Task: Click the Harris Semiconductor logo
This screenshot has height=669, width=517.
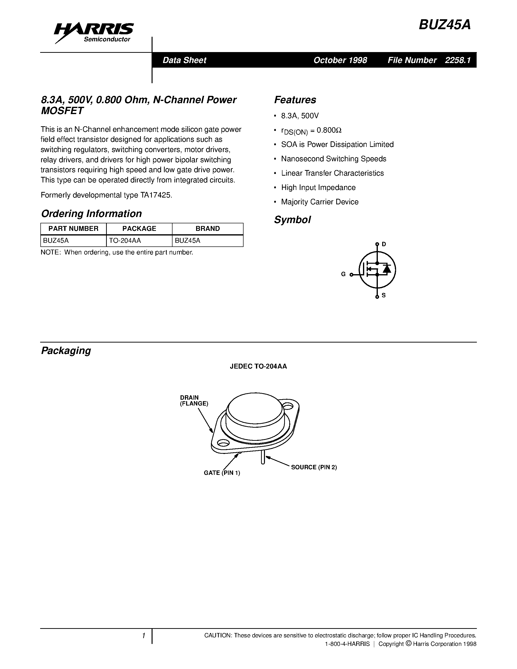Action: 93,32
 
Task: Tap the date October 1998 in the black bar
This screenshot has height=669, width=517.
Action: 340,60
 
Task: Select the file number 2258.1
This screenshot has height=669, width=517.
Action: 458,60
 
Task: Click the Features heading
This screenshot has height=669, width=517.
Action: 295,100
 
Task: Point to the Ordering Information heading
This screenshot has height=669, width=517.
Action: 91,214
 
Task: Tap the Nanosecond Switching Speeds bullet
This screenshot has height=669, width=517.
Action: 334,159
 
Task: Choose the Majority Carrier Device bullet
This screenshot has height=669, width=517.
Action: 319,202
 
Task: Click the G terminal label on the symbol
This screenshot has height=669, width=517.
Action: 343,274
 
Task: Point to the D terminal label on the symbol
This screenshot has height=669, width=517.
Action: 384,244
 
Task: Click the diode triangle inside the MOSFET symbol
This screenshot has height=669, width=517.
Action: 387,269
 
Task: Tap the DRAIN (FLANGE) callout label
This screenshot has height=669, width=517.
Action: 194,400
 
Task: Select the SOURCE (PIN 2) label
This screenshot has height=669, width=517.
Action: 314,467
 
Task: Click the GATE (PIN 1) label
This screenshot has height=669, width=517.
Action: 222,473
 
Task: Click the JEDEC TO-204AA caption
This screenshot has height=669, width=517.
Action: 258,366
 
